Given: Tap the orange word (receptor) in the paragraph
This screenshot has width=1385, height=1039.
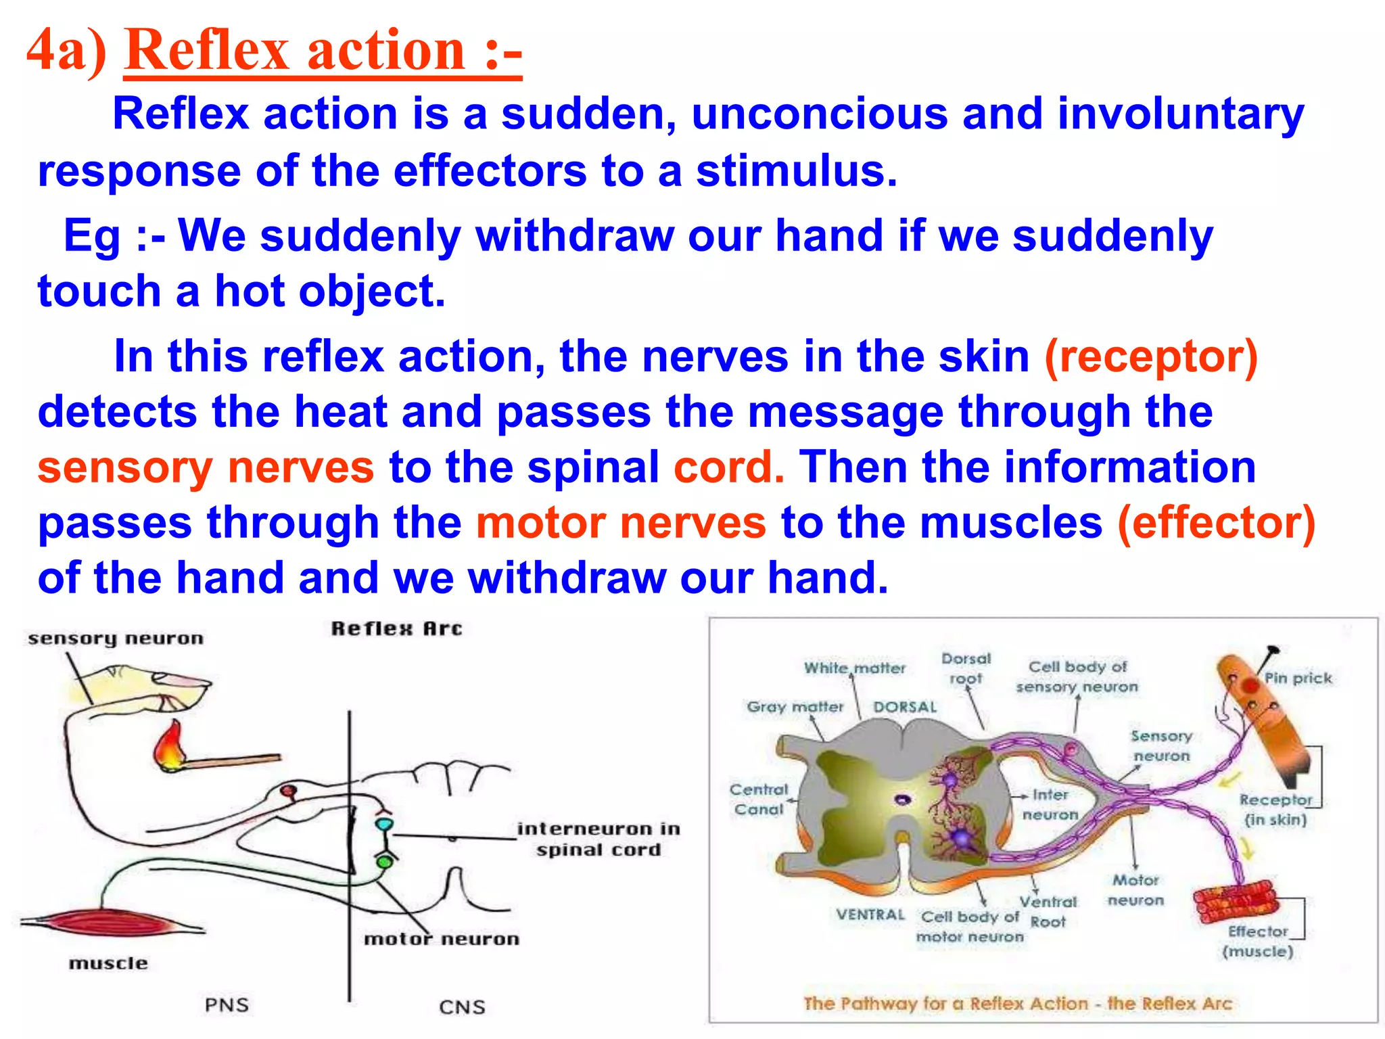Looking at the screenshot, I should tap(1151, 356).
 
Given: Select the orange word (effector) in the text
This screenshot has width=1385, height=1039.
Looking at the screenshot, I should tap(1216, 523).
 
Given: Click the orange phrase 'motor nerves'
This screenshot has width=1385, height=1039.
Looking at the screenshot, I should tap(621, 523).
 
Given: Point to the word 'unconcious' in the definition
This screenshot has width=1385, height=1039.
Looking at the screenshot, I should tap(819, 114).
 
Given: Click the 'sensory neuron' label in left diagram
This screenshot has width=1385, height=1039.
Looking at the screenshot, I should tap(116, 639).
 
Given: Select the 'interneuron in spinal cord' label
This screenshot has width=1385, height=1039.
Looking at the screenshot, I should tap(598, 839).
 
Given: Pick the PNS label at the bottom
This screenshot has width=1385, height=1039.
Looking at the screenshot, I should tap(227, 1005).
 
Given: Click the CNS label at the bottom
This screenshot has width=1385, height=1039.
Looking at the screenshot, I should tap(462, 1007).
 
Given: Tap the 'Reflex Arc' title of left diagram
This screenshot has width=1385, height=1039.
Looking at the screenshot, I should tap(397, 629).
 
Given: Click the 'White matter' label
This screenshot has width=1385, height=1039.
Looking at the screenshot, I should tap(854, 668).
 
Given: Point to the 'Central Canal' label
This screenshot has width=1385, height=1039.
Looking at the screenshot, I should tap(759, 799).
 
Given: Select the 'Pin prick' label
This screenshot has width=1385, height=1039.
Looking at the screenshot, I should tap(1298, 678).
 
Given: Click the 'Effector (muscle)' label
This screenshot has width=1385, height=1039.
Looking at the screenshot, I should tap(1257, 941).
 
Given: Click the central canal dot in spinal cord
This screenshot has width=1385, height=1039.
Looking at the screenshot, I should tap(902, 800).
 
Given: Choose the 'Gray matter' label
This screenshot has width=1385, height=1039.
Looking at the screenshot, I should tap(795, 707).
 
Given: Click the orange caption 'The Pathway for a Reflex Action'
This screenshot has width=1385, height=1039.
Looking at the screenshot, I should tap(1017, 1003).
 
